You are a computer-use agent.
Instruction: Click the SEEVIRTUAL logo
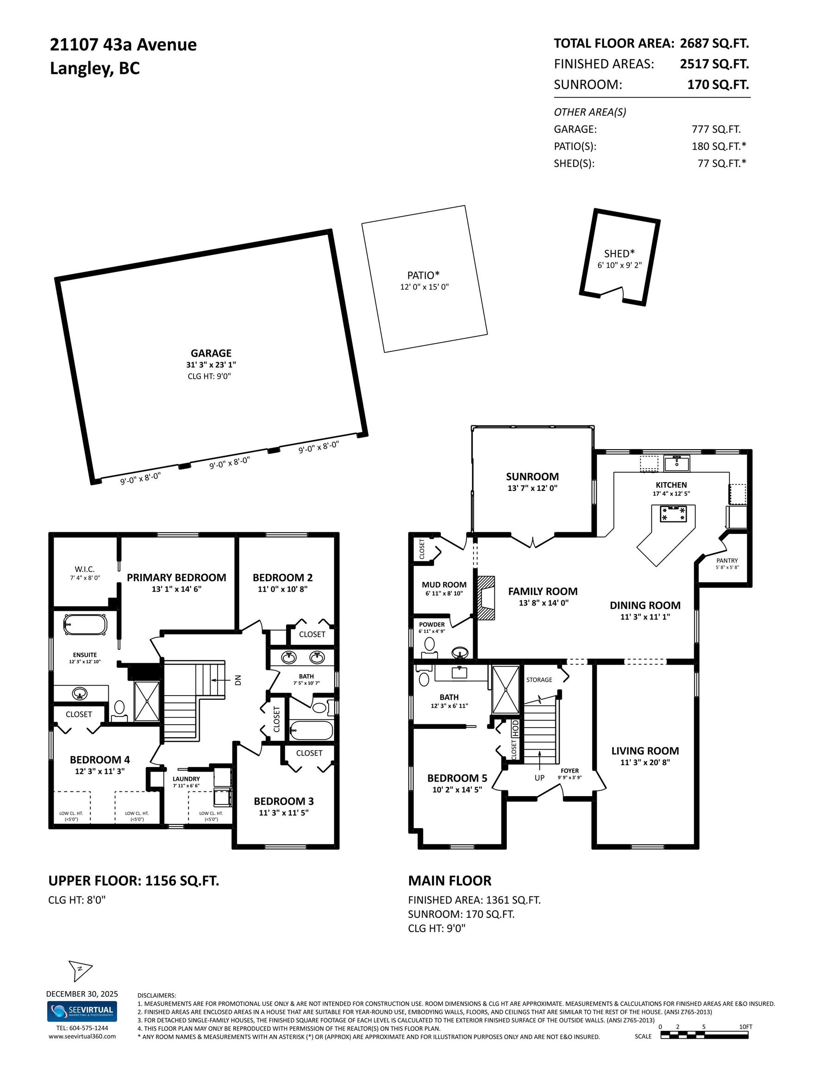[x=82, y=1011]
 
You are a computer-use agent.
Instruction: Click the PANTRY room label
[x=727, y=560]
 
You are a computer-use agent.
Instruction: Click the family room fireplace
[x=486, y=598]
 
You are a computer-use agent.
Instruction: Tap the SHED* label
[x=619, y=254]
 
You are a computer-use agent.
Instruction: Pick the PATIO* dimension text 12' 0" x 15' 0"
[x=424, y=287]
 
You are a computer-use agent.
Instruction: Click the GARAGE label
[x=211, y=353]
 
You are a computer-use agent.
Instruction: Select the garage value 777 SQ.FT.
[x=716, y=130]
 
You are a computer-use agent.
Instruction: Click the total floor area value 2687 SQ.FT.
[x=714, y=44]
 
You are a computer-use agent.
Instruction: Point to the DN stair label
[x=238, y=679]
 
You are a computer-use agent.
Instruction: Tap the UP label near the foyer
[x=539, y=778]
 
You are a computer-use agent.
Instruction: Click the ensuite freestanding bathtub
[x=85, y=624]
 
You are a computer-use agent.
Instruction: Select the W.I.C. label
[x=85, y=569]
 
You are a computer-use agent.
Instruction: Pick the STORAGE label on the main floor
[x=539, y=679]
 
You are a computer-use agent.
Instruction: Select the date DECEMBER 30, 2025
[x=82, y=994]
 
